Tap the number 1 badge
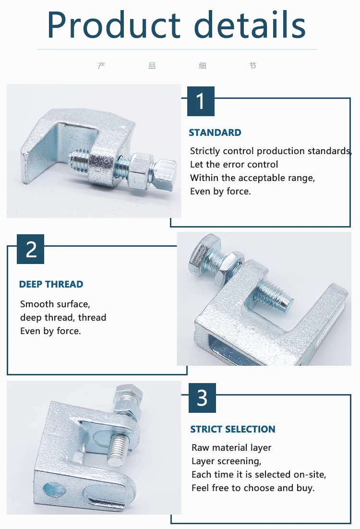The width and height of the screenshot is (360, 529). pyautogui.click(x=201, y=101)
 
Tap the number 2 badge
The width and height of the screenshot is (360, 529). pyautogui.click(x=31, y=249)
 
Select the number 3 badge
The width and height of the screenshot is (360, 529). pyautogui.click(x=202, y=398)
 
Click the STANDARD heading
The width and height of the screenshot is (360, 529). pyautogui.click(x=215, y=133)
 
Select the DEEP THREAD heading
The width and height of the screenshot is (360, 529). pyautogui.click(x=51, y=284)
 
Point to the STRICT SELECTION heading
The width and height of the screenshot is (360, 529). pyautogui.click(x=233, y=429)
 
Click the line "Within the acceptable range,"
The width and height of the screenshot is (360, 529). pyautogui.click(x=252, y=178)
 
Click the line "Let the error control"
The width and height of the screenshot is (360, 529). pyautogui.click(x=234, y=165)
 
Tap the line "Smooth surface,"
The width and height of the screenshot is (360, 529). pyautogui.click(x=55, y=304)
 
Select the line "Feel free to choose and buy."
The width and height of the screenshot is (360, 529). pyautogui.click(x=253, y=488)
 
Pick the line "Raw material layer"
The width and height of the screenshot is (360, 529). pyautogui.click(x=231, y=448)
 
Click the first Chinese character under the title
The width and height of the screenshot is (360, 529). pyautogui.click(x=101, y=66)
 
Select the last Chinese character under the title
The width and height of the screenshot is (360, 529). pyautogui.click(x=253, y=66)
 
